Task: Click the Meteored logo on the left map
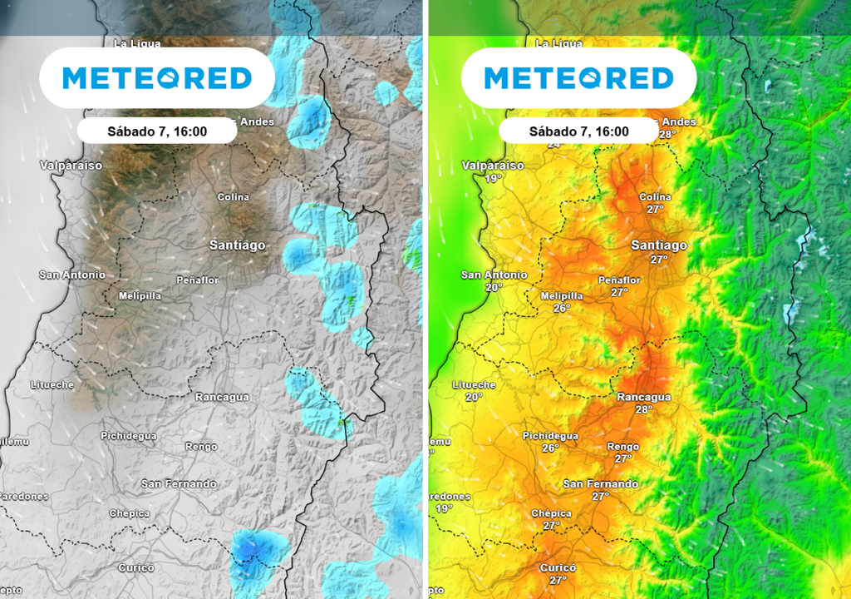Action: click(157, 78)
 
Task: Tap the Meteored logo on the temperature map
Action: click(579, 78)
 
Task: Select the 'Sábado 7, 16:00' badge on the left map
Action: click(157, 131)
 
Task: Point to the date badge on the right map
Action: click(579, 131)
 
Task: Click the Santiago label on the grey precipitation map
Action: click(238, 245)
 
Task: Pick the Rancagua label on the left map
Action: click(222, 397)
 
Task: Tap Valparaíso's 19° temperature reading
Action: click(494, 179)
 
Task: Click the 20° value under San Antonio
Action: click(494, 287)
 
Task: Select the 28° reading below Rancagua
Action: click(643, 409)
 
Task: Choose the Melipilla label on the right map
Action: click(562, 296)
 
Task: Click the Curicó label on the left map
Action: click(135, 567)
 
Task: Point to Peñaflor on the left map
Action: click(198, 280)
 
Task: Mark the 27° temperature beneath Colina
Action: click(656, 210)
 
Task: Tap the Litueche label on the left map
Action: click(52, 385)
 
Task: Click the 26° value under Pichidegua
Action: click(550, 448)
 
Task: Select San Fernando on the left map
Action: click(179, 483)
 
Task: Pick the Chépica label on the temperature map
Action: click(552, 513)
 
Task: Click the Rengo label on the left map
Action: click(201, 447)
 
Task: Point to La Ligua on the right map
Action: click(559, 42)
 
